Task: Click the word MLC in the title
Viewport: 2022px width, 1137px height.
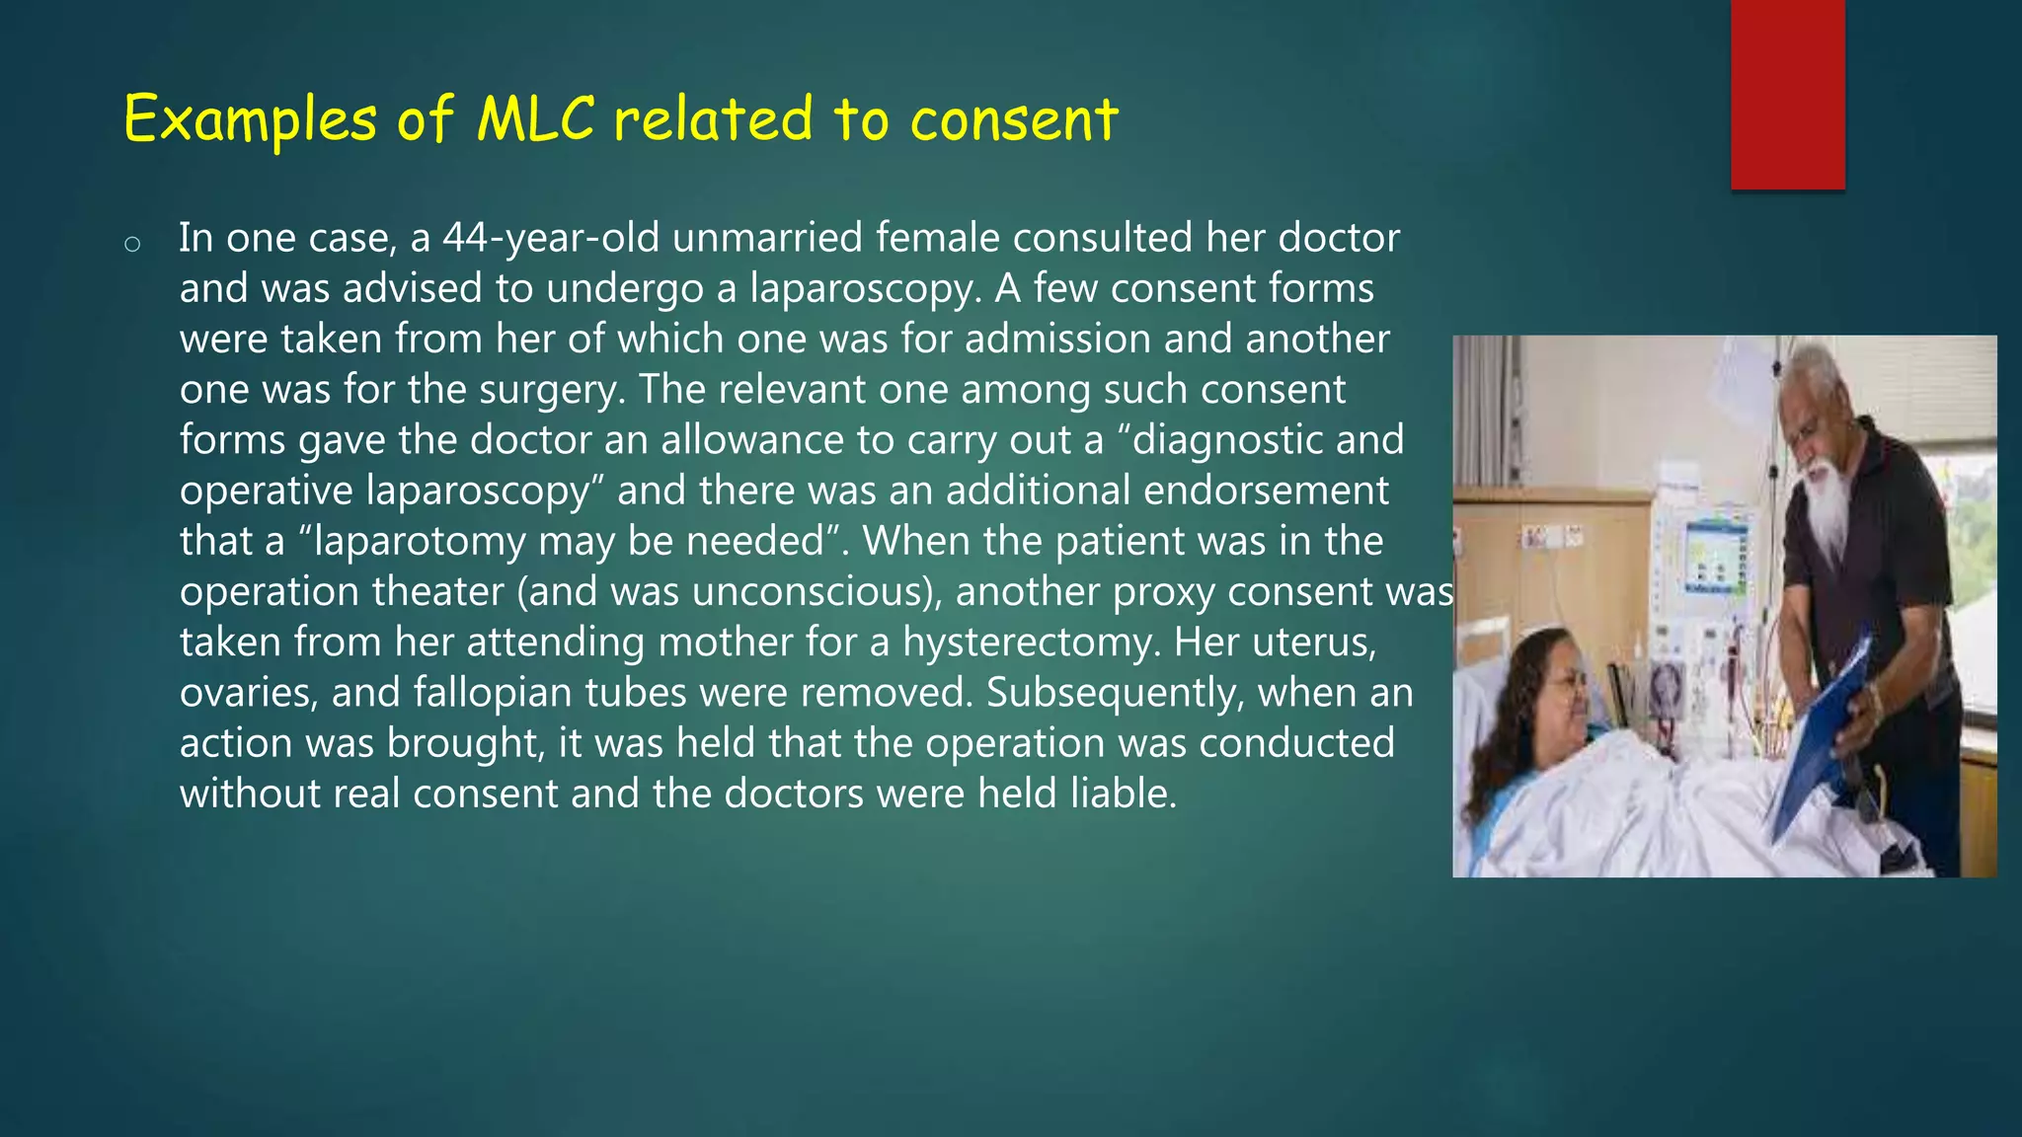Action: (x=535, y=119)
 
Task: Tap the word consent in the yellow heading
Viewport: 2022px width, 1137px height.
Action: (x=1014, y=119)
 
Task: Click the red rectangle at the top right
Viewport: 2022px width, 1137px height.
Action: (x=1787, y=95)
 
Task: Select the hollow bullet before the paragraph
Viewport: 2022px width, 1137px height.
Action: (x=132, y=244)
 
